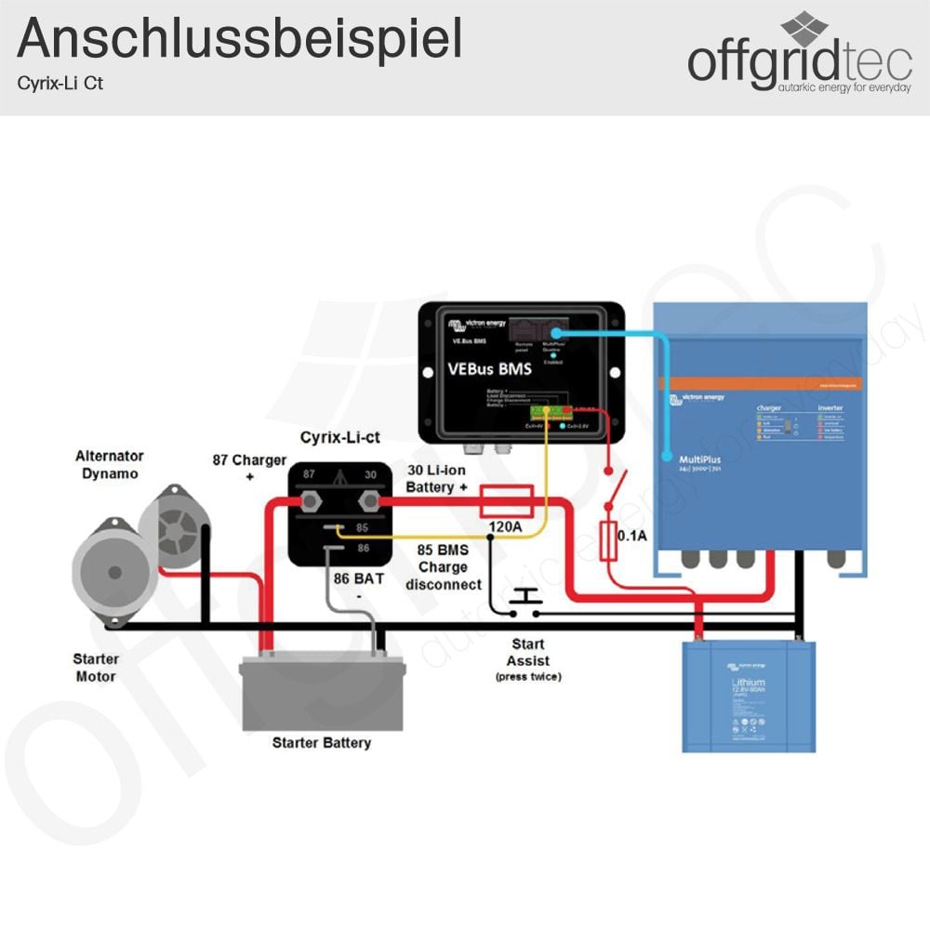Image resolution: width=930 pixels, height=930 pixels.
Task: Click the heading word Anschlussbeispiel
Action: tap(239, 39)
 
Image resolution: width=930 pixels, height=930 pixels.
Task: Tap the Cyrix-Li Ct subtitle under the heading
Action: tap(60, 83)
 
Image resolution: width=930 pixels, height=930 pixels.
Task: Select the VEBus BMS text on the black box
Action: tap(490, 369)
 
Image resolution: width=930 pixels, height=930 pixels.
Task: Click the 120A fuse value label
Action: tap(506, 528)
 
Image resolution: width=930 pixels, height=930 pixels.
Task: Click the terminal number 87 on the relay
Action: tap(309, 474)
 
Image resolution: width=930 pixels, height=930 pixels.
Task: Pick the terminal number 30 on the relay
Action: tap(370, 474)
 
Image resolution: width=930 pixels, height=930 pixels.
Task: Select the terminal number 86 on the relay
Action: tap(363, 549)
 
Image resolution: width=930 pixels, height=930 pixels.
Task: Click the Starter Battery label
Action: tap(322, 743)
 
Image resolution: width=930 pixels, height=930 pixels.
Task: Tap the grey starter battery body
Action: tap(322, 693)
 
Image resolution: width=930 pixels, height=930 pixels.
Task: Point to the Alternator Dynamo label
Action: tap(110, 465)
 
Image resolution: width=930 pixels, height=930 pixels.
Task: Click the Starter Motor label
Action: tap(96, 668)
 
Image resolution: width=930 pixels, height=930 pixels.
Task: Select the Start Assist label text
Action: tap(528, 653)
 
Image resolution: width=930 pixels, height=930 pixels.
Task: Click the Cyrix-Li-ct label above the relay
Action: tap(339, 437)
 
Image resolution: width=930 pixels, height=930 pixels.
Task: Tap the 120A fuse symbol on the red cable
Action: tap(506, 501)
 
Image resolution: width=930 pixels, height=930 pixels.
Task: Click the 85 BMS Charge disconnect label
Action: tap(443, 567)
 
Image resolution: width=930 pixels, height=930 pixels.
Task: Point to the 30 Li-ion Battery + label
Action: tap(437, 479)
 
